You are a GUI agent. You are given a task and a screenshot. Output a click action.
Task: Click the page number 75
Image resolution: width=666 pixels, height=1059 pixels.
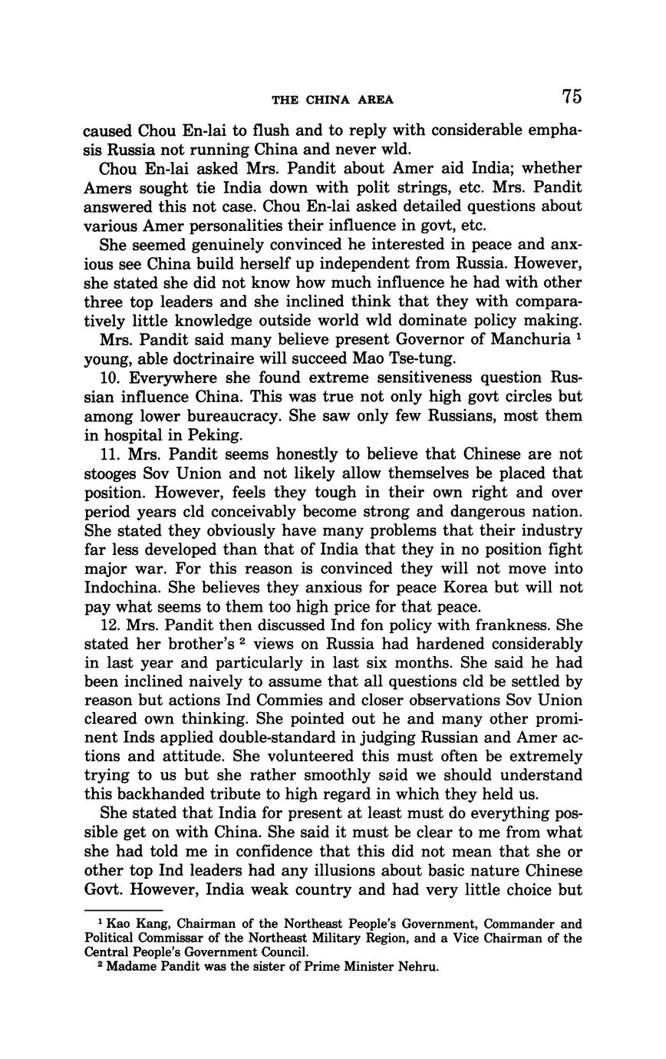tap(572, 97)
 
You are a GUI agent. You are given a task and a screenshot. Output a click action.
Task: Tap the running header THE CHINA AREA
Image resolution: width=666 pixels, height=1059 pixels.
tap(332, 99)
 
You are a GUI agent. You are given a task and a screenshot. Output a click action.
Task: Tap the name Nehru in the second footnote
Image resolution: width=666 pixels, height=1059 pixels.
tap(417, 967)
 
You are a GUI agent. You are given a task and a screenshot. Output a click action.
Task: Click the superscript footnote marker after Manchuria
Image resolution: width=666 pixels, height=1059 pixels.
tap(579, 335)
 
